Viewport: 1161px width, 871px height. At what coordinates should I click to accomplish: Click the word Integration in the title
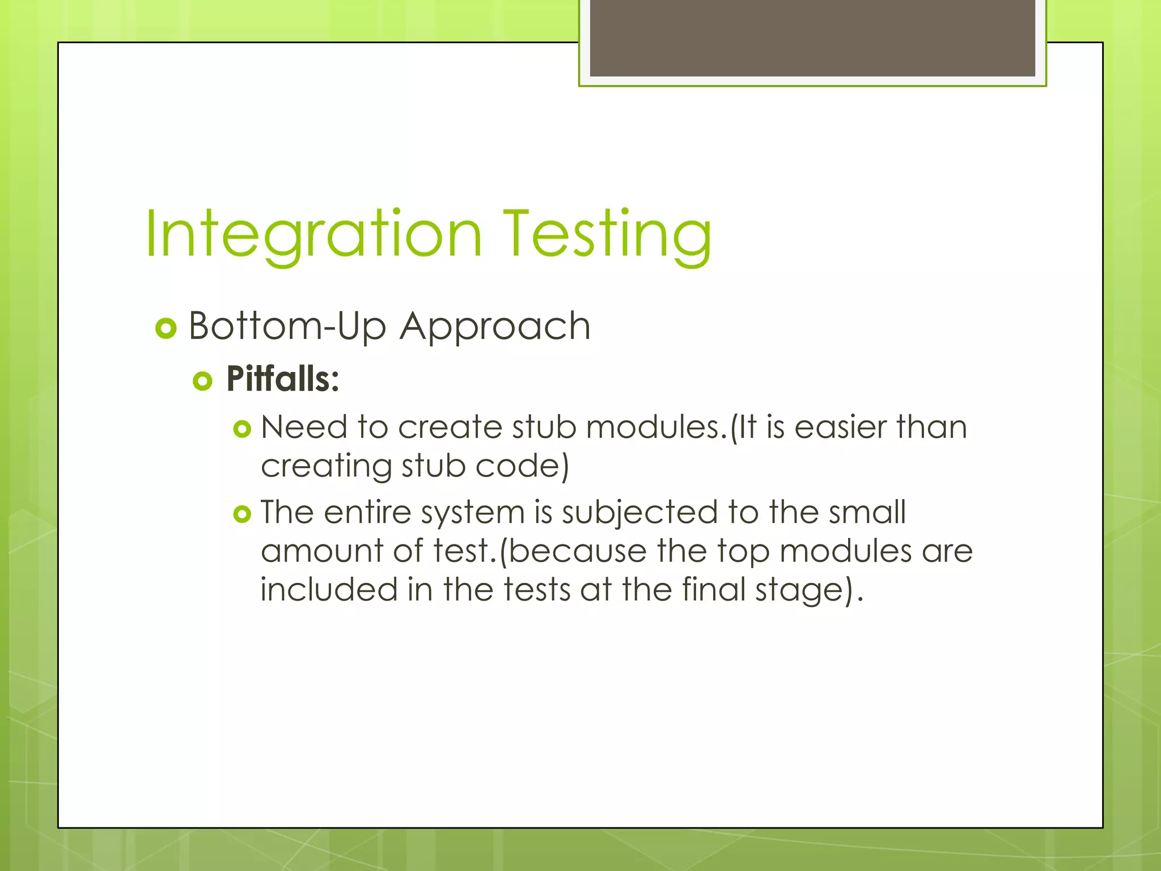[x=313, y=235]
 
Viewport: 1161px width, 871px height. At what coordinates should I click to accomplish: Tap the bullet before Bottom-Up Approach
[x=166, y=328]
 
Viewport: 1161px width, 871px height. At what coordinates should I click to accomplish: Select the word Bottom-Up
[x=287, y=327]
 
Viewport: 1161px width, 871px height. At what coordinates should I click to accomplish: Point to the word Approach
[x=495, y=327]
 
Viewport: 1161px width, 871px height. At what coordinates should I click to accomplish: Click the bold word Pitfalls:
[x=282, y=379]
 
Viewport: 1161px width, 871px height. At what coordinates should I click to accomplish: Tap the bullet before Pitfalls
[x=202, y=380]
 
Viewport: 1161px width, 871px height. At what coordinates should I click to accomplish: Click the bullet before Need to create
[x=242, y=429]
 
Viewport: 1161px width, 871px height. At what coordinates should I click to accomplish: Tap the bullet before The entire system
[x=242, y=514]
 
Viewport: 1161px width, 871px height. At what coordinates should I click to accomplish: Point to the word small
[x=867, y=512]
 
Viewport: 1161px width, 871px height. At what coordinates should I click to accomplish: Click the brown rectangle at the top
[x=812, y=37]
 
